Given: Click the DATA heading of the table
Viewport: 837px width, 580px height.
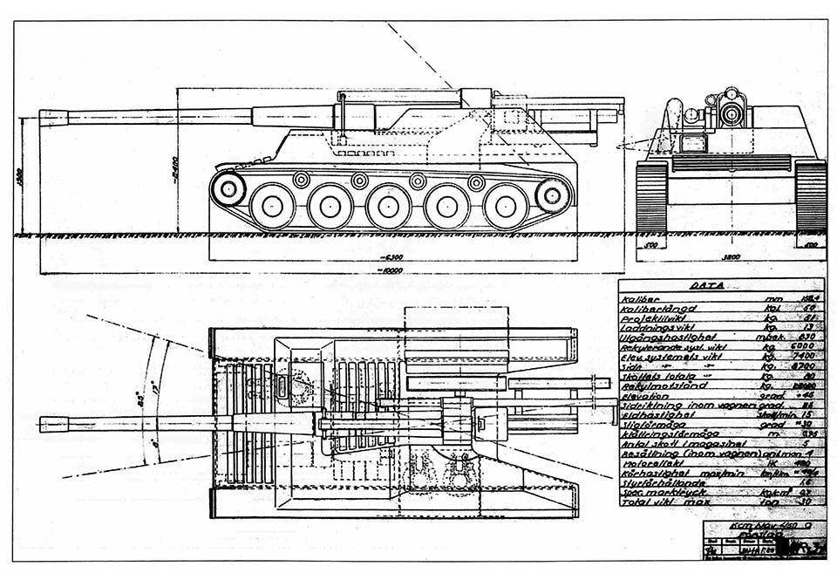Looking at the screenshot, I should (x=707, y=285).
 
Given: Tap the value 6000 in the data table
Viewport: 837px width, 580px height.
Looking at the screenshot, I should (x=807, y=346).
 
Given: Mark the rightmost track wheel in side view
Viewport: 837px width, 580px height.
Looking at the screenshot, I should (x=552, y=194).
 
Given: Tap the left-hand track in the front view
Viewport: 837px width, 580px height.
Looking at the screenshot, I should (x=651, y=196).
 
